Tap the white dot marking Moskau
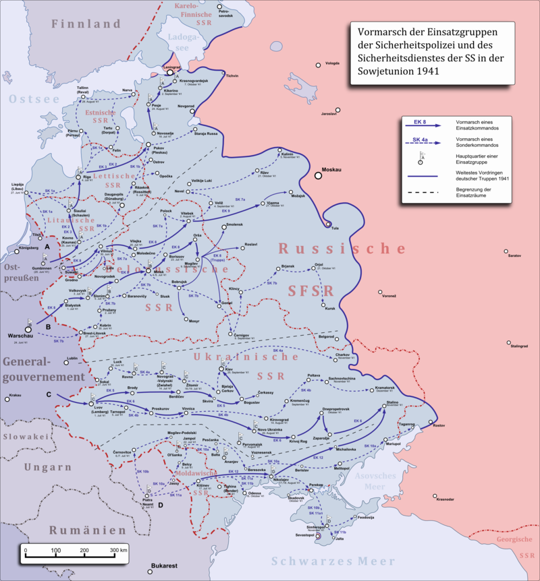pyautogui.click(x=317, y=176)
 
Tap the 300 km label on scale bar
pyautogui.click(x=119, y=550)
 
